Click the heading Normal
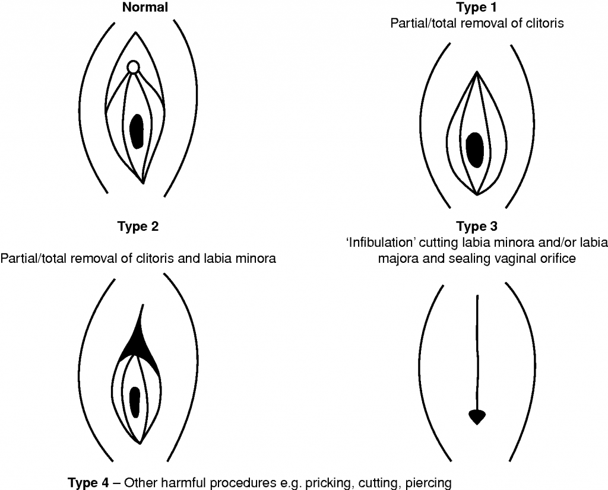point(145,8)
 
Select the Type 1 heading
point(477,8)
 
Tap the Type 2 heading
point(138,227)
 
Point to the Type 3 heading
point(477,227)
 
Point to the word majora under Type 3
point(400,259)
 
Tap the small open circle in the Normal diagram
point(134,67)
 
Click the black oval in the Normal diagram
point(137,131)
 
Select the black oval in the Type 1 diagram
point(475,149)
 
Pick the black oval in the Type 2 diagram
point(135,401)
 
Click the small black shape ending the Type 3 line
point(477,416)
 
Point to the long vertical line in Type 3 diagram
point(477,350)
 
